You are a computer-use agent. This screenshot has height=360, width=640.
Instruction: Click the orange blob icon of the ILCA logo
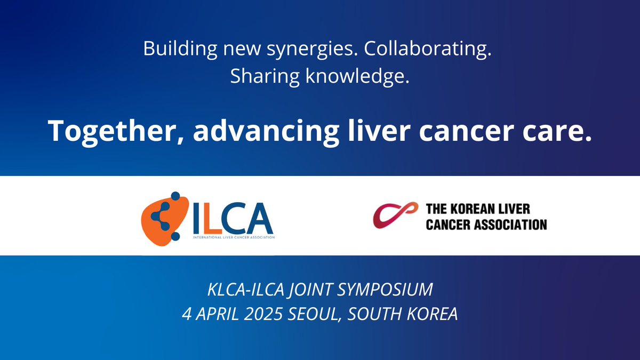point(160,216)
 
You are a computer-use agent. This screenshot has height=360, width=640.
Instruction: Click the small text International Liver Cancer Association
point(234,237)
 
